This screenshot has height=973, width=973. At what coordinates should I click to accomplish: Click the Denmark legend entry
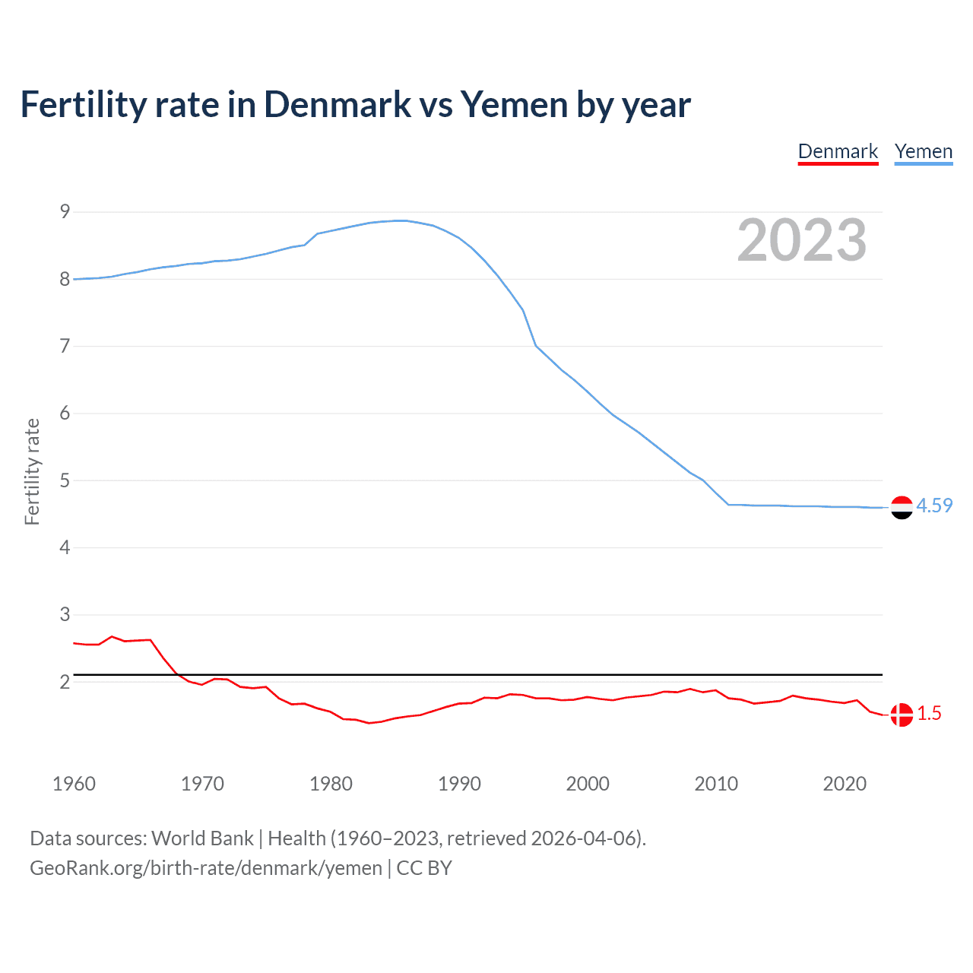tap(838, 151)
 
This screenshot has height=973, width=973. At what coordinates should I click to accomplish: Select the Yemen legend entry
tap(923, 151)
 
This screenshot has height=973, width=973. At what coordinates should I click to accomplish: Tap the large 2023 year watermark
tap(801, 240)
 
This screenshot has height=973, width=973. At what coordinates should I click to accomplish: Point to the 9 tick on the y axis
tap(65, 212)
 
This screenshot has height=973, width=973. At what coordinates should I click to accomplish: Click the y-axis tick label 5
tap(65, 480)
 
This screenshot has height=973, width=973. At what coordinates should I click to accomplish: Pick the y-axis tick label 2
tap(65, 682)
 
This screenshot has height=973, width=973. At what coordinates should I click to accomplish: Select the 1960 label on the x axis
tap(74, 784)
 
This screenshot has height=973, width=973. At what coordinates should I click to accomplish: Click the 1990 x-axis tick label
tap(459, 784)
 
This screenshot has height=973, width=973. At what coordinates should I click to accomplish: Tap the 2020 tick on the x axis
tap(845, 784)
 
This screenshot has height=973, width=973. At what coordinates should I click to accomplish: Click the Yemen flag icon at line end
tap(902, 507)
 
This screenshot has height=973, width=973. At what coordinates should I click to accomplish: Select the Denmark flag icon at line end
tap(902, 715)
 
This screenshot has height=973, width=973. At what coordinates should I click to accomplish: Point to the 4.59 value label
tap(934, 506)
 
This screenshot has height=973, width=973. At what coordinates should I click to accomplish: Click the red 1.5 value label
tap(929, 713)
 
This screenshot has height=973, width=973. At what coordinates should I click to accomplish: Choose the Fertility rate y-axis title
tap(32, 471)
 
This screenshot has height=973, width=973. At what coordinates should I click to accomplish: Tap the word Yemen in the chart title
tap(514, 104)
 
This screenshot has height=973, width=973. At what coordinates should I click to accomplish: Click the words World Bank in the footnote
tap(202, 838)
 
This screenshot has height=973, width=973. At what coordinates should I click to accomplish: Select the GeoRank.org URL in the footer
tap(206, 868)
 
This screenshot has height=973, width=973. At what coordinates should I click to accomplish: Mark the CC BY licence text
tap(424, 868)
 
